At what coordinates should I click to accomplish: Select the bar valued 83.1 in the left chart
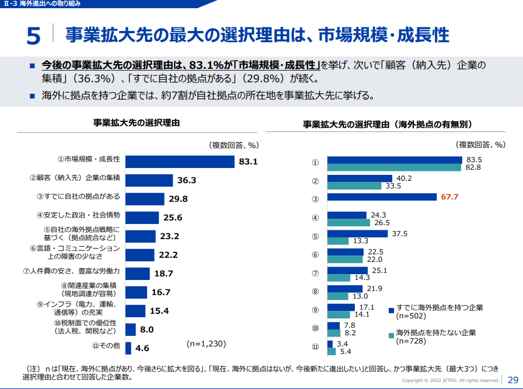click(180, 162)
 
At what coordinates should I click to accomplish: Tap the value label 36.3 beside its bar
click(186, 181)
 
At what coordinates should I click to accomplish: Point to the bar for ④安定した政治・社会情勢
click(142, 218)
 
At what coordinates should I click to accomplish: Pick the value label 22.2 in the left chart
click(167, 255)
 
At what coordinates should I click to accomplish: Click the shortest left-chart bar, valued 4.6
click(128, 348)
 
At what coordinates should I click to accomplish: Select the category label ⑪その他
click(106, 346)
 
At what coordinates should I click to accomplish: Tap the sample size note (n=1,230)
click(206, 344)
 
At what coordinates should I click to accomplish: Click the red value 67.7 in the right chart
click(449, 197)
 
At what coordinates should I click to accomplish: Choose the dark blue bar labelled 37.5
click(357, 234)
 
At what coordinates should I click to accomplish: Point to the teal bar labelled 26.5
click(348, 222)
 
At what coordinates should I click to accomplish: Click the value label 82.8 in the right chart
click(473, 167)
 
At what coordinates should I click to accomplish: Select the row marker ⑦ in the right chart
click(315, 273)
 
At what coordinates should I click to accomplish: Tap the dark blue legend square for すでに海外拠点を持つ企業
click(392, 308)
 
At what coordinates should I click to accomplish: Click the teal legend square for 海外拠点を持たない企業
click(392, 335)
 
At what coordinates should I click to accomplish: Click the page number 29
click(513, 379)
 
